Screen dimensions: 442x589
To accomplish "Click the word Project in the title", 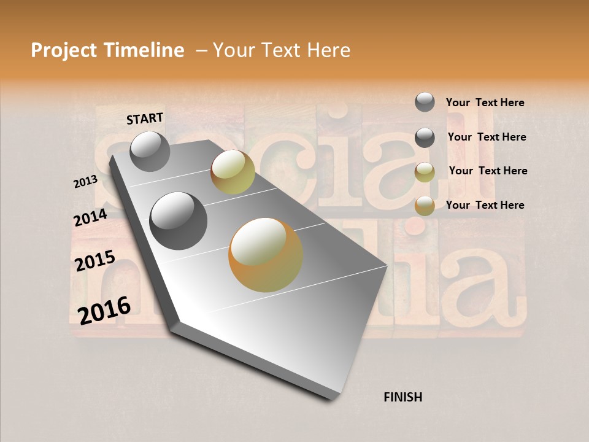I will [63, 51].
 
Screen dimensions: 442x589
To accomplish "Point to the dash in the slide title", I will [201, 51].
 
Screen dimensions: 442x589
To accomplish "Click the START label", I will [145, 118].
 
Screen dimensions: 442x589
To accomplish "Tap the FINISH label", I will [402, 397].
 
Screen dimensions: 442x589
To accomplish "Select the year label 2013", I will [85, 182].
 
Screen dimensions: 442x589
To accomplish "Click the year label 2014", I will [90, 218].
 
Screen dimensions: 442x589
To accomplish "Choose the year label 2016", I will [104, 310].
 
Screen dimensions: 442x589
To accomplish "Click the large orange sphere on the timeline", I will [266, 255].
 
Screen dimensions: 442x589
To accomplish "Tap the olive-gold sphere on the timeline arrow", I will [233, 172].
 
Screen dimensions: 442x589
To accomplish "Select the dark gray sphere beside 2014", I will [178, 221].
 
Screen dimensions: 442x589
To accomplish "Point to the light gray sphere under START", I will [150, 151].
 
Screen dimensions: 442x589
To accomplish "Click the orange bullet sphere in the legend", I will [425, 206].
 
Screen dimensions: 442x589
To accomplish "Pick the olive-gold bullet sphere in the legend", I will [425, 172].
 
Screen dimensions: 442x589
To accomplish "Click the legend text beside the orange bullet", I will [485, 205].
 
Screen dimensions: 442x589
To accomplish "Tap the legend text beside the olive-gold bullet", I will [488, 171].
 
